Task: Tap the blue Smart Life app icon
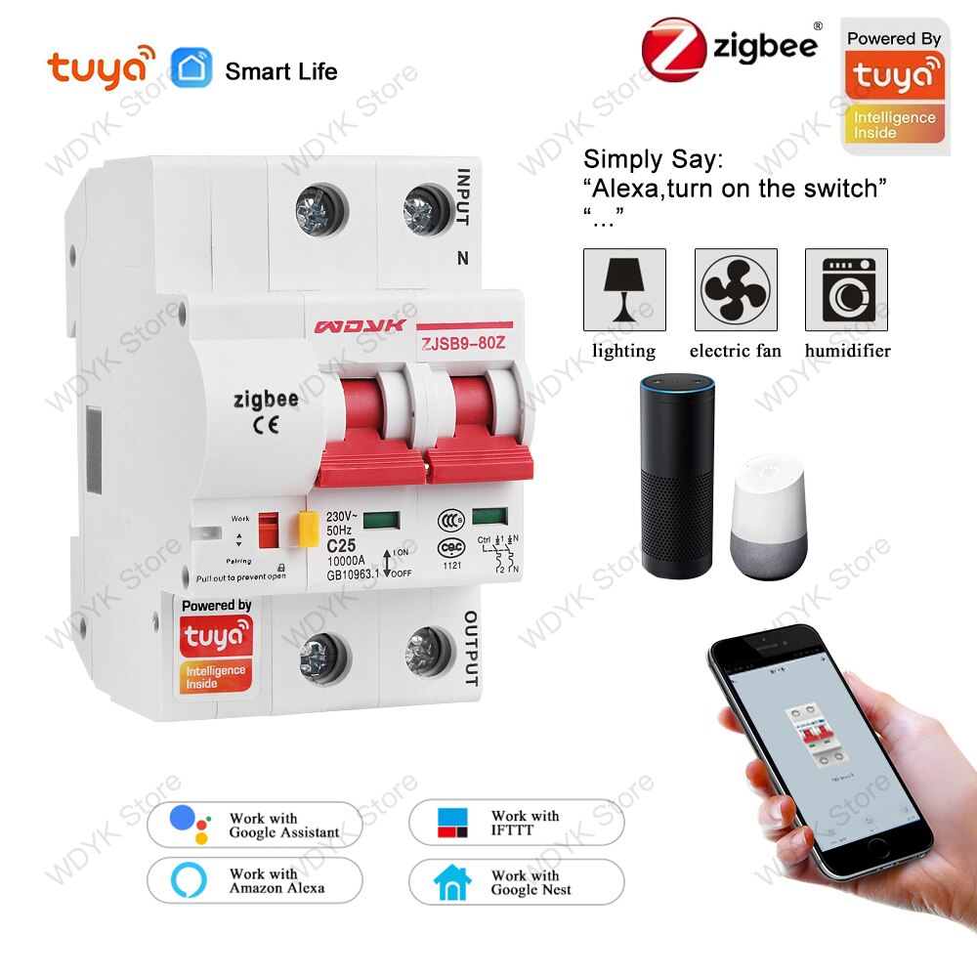click(191, 68)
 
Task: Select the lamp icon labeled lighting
click(624, 289)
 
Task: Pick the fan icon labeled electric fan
click(735, 289)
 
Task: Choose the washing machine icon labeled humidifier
click(846, 289)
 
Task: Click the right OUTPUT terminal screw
click(429, 652)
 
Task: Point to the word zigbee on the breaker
click(266, 399)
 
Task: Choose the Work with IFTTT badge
click(516, 823)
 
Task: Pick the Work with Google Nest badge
click(516, 881)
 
